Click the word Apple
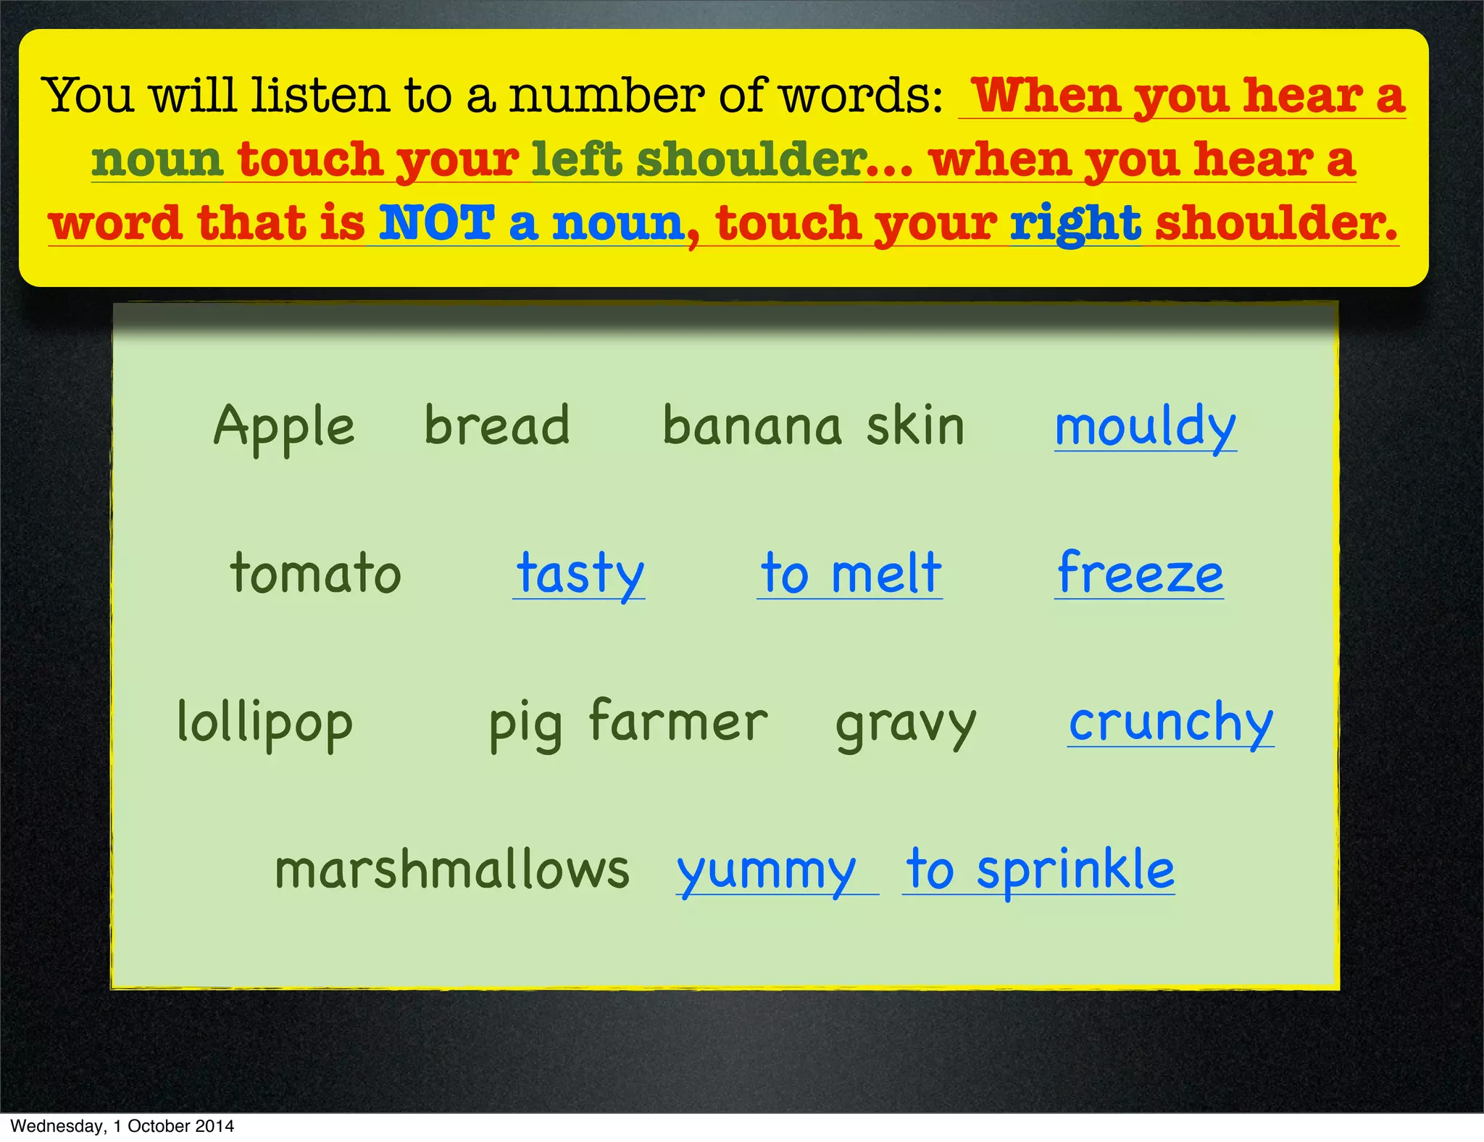point(284,427)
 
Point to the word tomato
point(315,573)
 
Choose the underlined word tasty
point(580,573)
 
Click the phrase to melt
point(851,573)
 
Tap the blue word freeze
point(1140,573)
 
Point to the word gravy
point(906,724)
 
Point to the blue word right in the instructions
point(1075,224)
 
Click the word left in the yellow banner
point(576,159)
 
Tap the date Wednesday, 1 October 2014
point(122,1126)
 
